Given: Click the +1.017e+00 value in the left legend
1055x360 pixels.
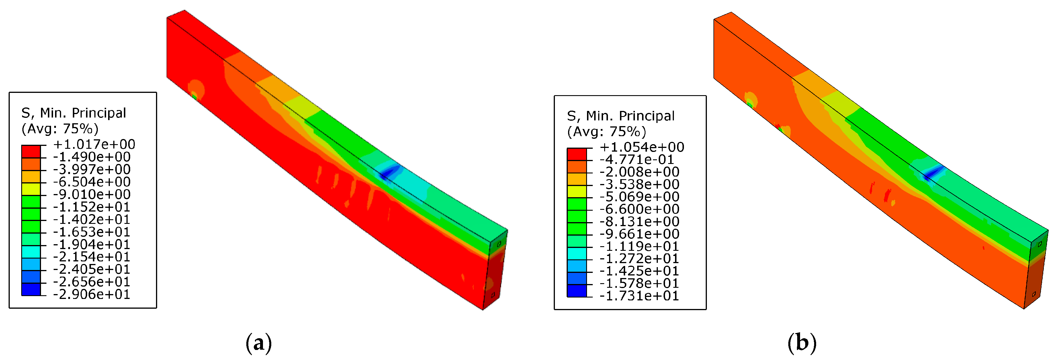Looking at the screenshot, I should click(94, 144).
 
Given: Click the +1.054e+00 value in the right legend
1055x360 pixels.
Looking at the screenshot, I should click(642, 147).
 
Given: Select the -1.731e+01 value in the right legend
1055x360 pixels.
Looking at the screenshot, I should click(639, 296).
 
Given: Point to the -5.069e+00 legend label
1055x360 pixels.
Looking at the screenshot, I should click(639, 197).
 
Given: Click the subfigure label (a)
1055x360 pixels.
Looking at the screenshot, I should click(258, 343).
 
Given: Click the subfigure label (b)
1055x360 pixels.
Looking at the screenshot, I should click(802, 343).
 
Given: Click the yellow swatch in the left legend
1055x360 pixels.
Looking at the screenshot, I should click(31, 189).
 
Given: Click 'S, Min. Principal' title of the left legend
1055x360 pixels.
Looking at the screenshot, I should click(74, 113).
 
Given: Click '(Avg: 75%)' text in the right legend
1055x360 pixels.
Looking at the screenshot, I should click(606, 132).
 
